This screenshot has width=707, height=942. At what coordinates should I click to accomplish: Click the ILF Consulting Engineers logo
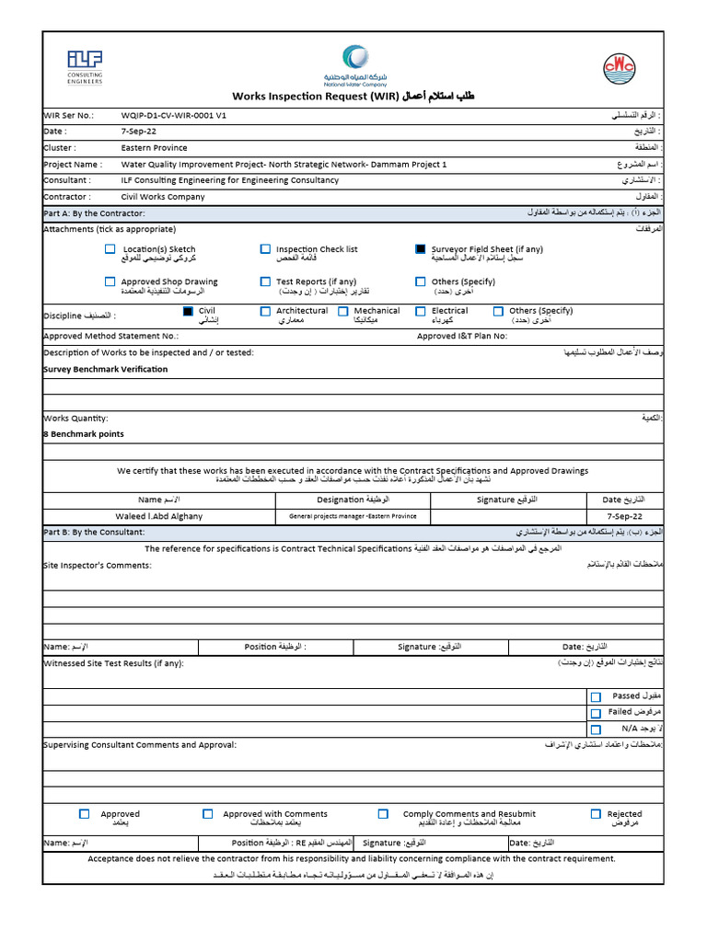click(85, 66)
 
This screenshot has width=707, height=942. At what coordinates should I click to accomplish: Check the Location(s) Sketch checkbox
click(110, 249)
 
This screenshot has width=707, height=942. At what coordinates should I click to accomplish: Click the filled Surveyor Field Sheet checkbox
click(421, 249)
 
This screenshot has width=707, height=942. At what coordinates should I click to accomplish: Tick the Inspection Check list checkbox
click(266, 249)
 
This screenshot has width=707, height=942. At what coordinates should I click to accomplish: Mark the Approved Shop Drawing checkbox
click(110, 281)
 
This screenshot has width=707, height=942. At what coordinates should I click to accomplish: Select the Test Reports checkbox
click(266, 281)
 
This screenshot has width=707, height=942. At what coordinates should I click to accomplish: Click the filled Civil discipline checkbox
click(188, 312)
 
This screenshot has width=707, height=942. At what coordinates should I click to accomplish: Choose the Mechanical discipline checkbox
click(343, 312)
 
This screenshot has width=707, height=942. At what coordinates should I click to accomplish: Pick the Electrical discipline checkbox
click(421, 312)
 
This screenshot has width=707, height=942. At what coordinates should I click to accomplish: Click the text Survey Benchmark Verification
click(106, 369)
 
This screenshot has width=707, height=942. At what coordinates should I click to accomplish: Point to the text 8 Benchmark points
click(84, 433)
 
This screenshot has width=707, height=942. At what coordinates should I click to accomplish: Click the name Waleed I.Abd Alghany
click(159, 516)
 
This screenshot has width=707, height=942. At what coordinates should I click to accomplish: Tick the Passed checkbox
click(597, 697)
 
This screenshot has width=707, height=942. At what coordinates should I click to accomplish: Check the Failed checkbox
click(597, 713)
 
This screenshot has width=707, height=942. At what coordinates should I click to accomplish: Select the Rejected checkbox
click(597, 814)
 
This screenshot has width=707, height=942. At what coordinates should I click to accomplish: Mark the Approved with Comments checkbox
click(208, 814)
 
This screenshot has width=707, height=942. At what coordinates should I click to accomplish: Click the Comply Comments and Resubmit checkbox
click(383, 814)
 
